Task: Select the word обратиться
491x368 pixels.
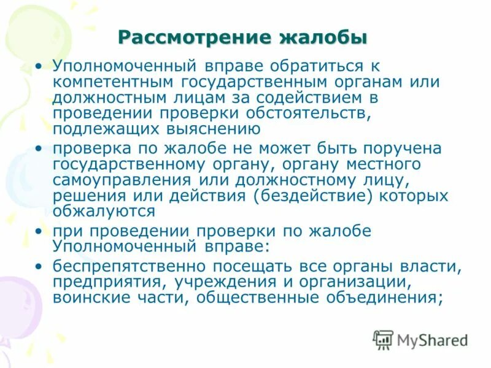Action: (x=317, y=66)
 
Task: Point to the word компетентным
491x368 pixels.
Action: (x=114, y=82)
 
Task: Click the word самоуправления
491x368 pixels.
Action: (x=122, y=181)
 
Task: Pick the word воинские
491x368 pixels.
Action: (x=88, y=299)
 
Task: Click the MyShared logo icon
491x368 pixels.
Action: (x=383, y=339)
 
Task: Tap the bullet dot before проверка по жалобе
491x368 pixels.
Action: (x=40, y=149)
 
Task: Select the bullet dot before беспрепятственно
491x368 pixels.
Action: (x=40, y=267)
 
